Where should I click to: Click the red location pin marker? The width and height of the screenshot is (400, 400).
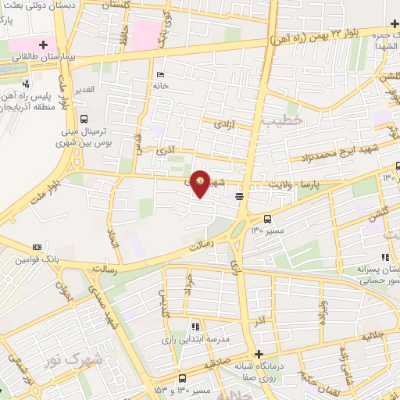[200, 184]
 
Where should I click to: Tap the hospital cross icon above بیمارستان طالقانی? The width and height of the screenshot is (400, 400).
[44, 45]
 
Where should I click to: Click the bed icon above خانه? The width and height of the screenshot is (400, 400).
[161, 75]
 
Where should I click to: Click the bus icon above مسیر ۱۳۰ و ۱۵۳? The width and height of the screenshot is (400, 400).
[182, 377]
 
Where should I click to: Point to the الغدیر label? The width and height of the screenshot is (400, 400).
[84, 90]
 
